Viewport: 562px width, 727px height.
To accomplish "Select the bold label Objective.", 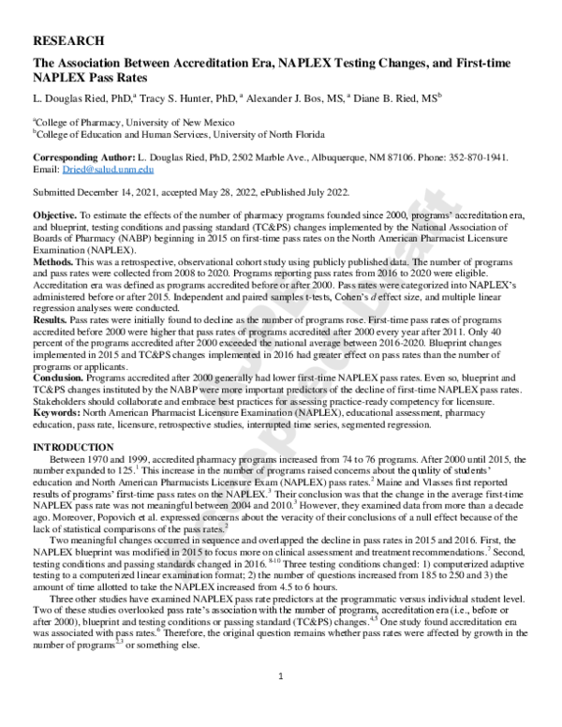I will click(x=53, y=215).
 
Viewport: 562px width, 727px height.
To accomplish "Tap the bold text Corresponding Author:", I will click(x=84, y=157).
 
